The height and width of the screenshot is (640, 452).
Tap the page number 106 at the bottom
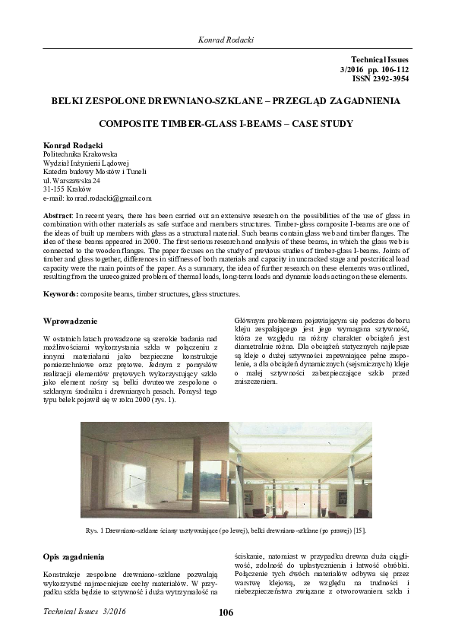[x=226, y=613]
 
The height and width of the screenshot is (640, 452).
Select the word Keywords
[x=62, y=293]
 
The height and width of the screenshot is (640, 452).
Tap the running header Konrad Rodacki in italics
[x=226, y=39]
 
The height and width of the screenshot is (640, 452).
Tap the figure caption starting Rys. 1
[x=226, y=530]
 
